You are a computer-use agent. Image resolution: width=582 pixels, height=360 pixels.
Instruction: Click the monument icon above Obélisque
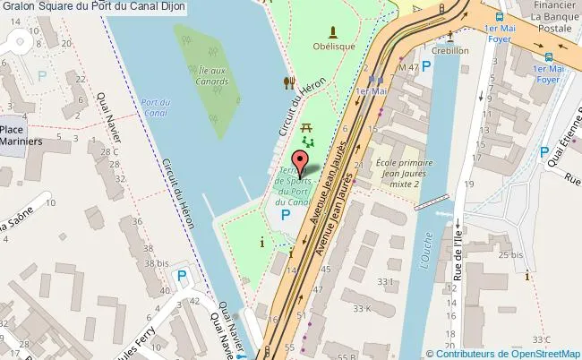click(333, 30)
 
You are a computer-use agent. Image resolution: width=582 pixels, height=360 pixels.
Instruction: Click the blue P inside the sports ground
click(286, 216)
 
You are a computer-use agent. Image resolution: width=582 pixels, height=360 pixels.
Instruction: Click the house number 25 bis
click(511, 255)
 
